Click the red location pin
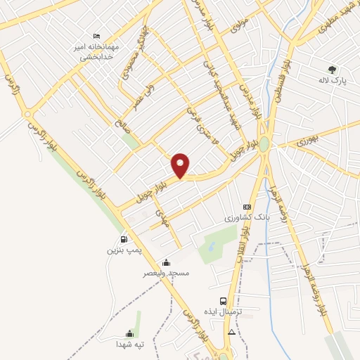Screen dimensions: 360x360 coord(181,165)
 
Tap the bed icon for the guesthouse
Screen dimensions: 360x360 coord(97,36)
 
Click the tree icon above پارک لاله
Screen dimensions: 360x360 coord(332,69)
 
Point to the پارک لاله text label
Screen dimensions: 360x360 coord(332,80)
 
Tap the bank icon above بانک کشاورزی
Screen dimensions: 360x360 coord(246,207)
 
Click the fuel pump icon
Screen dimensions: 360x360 coord(124,238)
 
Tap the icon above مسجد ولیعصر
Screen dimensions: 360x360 coord(165,262)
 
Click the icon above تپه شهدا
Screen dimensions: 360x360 coord(129,333)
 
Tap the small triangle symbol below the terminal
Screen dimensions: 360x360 coord(232,331)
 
